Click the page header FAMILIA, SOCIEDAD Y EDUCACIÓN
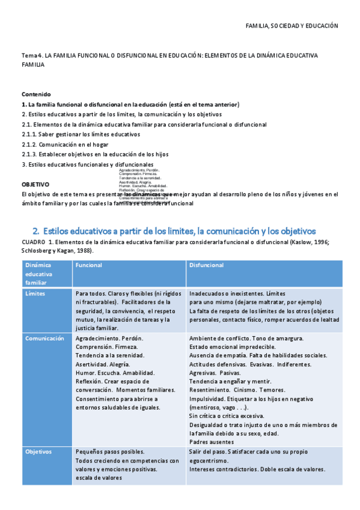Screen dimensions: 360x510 tap(293, 26)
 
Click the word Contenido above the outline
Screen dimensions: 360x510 tap(36, 94)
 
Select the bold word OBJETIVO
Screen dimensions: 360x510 tap(35, 184)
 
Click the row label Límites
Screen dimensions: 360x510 tap(35, 293)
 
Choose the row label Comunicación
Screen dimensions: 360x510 tap(44, 339)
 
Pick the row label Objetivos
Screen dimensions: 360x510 tap(38, 452)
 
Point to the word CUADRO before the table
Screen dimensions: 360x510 tap(32, 242)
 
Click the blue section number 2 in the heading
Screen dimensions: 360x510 tap(36, 231)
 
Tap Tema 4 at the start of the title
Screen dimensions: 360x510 tap(31, 55)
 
